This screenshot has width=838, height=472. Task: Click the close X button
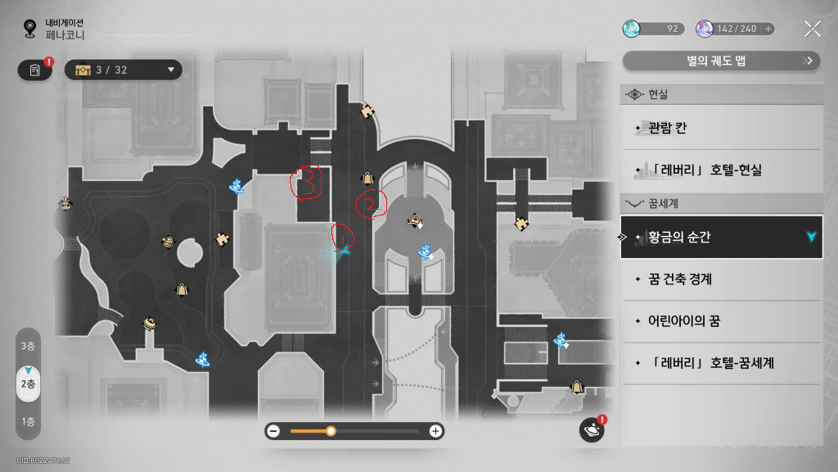point(812,29)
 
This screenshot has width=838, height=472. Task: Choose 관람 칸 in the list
point(667,128)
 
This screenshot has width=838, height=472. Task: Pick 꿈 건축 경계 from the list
point(679,279)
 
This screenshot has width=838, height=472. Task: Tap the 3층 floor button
point(28,346)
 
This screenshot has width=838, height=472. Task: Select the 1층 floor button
point(28,422)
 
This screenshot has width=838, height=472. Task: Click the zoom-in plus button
point(435,431)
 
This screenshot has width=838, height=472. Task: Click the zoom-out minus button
point(273,431)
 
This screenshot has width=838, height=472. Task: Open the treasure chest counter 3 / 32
point(124,70)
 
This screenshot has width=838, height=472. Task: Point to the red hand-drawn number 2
point(371,204)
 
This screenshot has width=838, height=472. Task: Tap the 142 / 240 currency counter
point(735,29)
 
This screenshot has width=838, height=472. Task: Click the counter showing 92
point(653,29)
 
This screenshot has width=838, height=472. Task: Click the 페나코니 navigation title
point(65,35)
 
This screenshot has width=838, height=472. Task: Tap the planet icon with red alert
point(591,429)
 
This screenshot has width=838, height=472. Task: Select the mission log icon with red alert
point(36,70)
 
